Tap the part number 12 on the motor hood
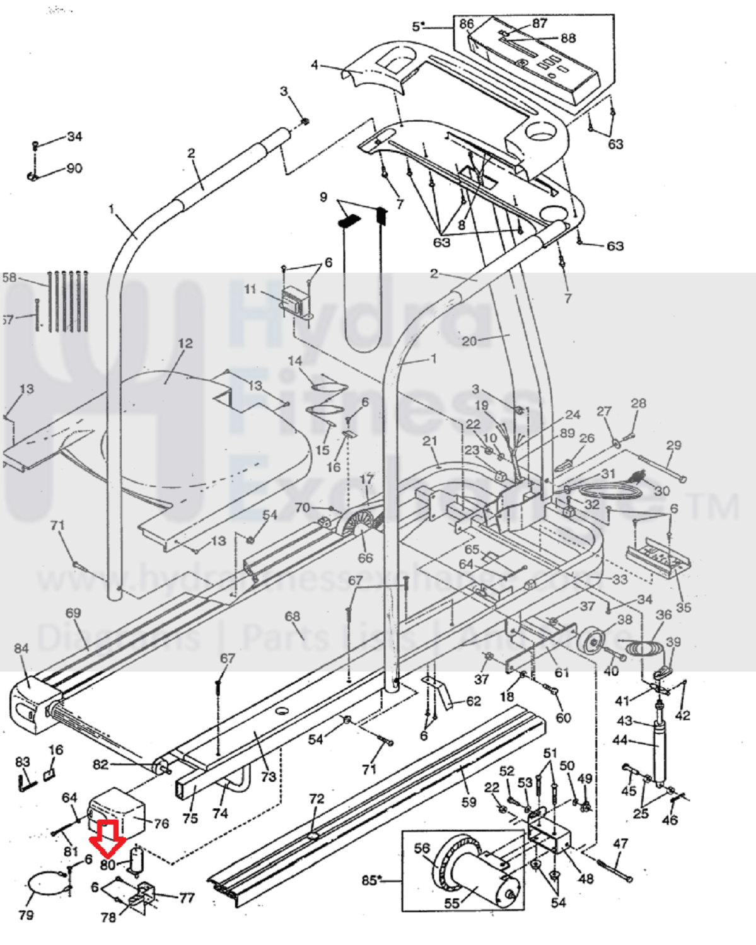coord(185,344)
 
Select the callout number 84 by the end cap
coord(22,648)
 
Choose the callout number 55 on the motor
coord(452,903)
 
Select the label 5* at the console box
coord(419,26)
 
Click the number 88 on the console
coord(567,38)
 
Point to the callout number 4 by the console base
coord(315,65)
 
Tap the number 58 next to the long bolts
coord(9,278)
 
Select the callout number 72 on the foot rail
coord(317,799)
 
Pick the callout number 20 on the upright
coord(469,341)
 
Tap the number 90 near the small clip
coord(74,168)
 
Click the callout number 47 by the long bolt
coord(620,844)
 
